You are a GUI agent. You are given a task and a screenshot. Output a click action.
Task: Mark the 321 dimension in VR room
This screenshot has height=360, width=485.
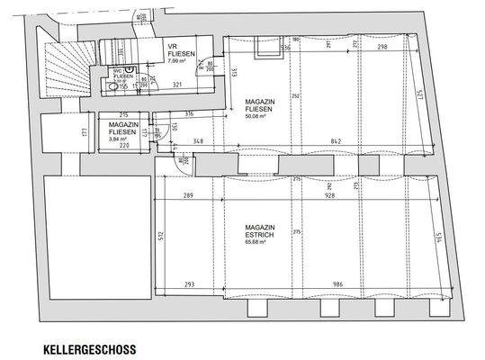(x=178, y=84)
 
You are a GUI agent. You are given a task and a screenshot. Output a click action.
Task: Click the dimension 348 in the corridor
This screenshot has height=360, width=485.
(x=197, y=141)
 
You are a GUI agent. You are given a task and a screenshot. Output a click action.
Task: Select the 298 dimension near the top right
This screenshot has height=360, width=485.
(x=383, y=48)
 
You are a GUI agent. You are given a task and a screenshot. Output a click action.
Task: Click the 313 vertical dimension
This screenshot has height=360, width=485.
(x=231, y=73)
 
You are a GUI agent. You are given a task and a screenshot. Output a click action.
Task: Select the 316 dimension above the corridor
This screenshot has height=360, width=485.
(x=189, y=114)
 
